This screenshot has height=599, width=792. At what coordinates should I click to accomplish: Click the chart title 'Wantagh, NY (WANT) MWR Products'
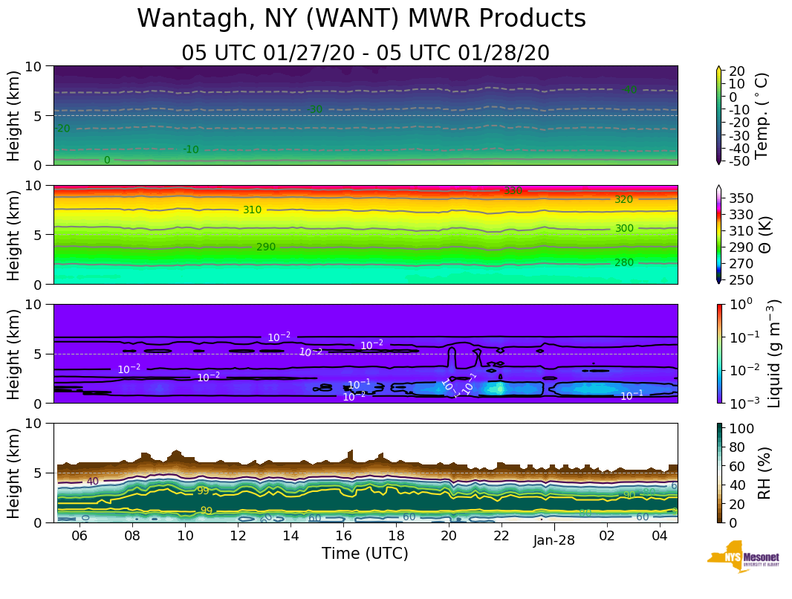pyautogui.click(x=361, y=19)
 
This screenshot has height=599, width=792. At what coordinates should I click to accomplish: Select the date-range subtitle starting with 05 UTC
pyautogui.click(x=365, y=54)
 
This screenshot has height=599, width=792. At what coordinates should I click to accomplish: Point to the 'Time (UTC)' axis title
pyautogui.click(x=365, y=554)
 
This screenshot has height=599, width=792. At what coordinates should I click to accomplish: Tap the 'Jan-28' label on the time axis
pyautogui.click(x=554, y=541)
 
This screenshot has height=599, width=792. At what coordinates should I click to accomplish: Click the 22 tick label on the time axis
pyautogui.click(x=502, y=537)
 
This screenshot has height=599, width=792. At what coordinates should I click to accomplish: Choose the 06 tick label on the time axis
pyautogui.click(x=79, y=537)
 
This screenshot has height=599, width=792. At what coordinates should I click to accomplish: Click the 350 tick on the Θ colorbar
pyautogui.click(x=745, y=198)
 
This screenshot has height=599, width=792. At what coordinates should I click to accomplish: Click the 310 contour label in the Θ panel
pyautogui.click(x=252, y=210)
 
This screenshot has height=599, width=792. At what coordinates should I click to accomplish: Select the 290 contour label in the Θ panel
pyautogui.click(x=266, y=247)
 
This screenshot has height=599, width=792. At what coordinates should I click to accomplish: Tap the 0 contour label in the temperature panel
pyautogui.click(x=107, y=160)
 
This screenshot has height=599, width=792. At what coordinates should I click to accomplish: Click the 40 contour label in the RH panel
pyautogui.click(x=93, y=482)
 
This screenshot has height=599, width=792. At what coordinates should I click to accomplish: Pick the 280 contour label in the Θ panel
pyautogui.click(x=624, y=262)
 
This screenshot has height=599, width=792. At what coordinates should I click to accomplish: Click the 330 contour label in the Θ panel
pyautogui.click(x=513, y=191)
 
